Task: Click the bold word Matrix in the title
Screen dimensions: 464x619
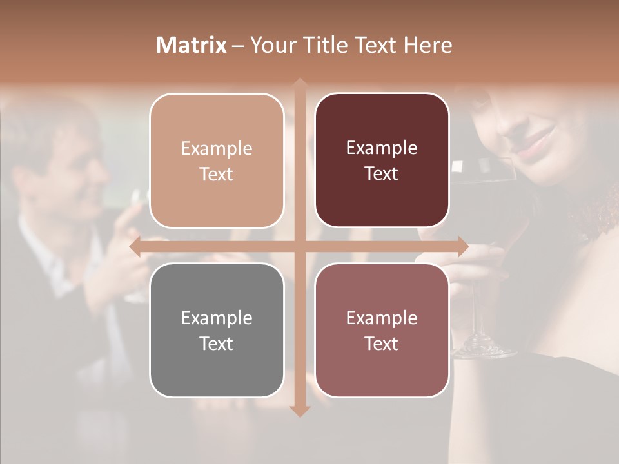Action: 192,45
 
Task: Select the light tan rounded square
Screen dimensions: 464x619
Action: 217,160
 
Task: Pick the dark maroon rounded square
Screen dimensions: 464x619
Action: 382,160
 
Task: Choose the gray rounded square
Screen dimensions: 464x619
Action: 217,330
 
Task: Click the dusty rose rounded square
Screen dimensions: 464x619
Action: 382,330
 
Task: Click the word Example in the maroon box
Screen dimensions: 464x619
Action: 382,148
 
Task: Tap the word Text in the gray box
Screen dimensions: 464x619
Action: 217,343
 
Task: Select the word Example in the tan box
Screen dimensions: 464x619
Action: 217,148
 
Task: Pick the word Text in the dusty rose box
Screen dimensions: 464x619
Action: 382,343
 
